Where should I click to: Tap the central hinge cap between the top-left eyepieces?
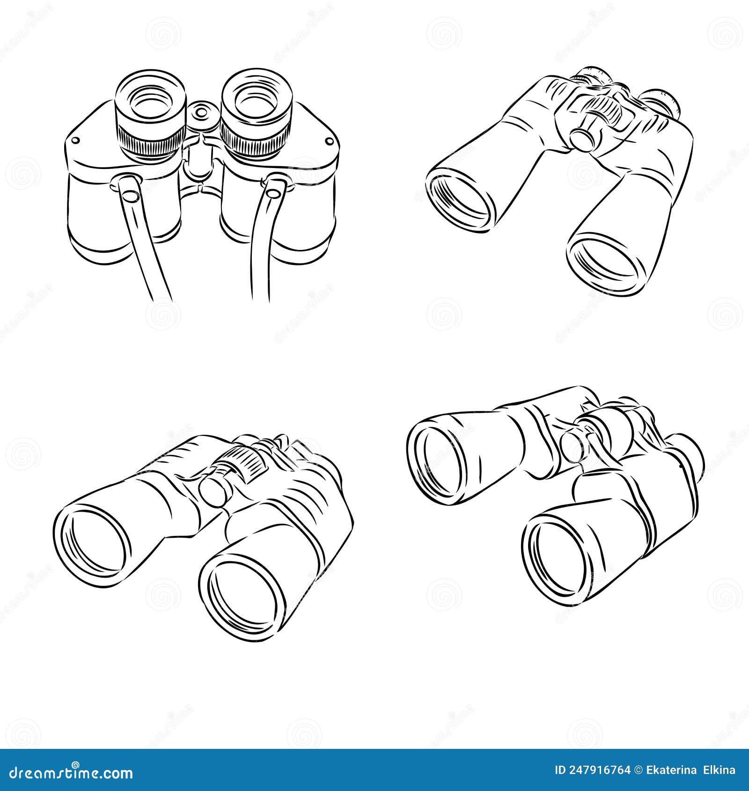click(x=202, y=113)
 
